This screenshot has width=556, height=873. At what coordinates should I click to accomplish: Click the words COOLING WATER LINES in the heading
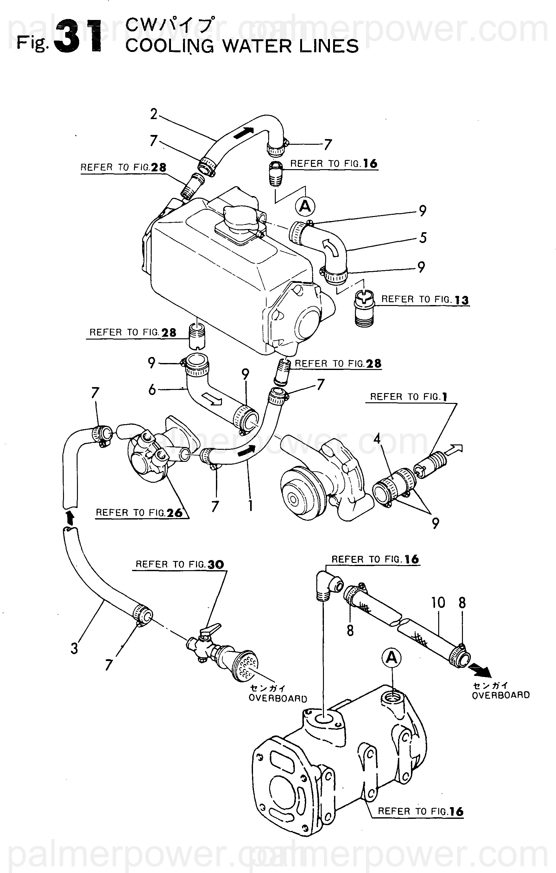[x=242, y=46]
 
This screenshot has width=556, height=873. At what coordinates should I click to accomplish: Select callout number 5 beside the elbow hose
[x=423, y=238]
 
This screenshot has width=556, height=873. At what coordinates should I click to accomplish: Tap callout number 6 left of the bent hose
[x=152, y=389]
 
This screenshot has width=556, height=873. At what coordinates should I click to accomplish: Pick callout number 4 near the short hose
[x=377, y=439]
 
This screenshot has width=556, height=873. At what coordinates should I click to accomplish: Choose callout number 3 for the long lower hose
[x=74, y=648]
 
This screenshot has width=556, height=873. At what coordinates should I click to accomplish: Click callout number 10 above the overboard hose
[x=438, y=603]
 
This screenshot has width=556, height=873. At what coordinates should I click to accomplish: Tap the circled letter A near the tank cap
[x=305, y=206]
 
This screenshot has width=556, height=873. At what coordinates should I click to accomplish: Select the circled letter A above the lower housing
[x=391, y=657]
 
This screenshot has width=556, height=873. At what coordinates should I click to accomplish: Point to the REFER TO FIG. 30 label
[x=180, y=564]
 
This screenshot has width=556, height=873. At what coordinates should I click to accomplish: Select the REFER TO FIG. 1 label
[x=408, y=397]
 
